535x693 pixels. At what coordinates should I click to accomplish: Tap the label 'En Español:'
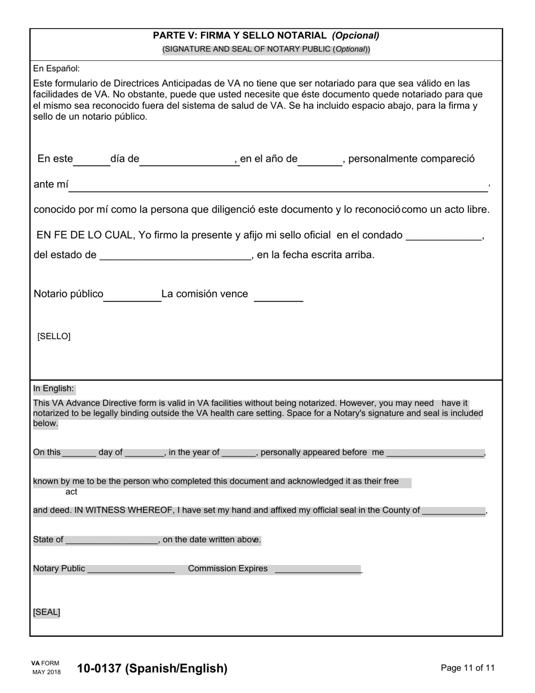(56, 69)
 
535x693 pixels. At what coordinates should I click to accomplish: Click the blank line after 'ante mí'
(278, 186)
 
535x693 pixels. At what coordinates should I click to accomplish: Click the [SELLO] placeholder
(54, 336)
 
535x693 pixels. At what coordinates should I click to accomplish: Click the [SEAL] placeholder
(47, 612)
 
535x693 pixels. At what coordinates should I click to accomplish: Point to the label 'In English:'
(53, 388)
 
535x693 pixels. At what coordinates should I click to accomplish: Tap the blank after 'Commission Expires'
(318, 570)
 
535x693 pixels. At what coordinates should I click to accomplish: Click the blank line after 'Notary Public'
(131, 570)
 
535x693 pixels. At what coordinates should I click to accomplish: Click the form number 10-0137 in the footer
(153, 669)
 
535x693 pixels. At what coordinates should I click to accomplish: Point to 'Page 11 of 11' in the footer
(467, 668)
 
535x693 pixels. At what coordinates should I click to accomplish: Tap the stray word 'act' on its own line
(72, 492)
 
